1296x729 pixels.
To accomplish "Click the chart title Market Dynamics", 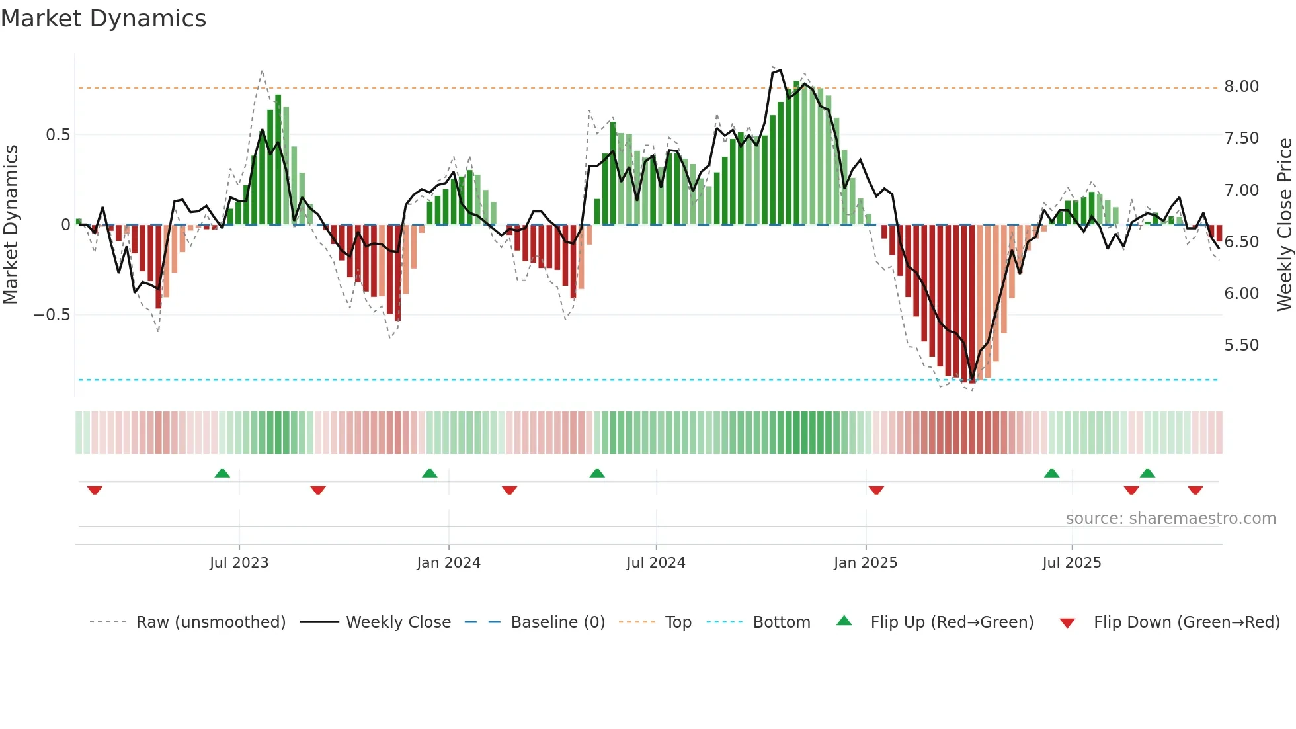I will pos(103,19).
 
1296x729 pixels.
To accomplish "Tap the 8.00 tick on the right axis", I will pos(1241,87).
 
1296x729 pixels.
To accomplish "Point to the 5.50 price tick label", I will pos(1241,345).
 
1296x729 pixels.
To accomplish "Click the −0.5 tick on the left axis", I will pos(52,315).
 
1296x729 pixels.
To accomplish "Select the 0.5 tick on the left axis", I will pos(58,135).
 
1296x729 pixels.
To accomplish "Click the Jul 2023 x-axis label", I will pos(239,563).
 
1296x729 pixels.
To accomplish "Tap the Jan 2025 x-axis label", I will pos(865,563).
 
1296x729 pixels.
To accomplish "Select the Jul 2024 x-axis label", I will pos(655,563).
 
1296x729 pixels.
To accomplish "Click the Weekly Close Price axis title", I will pos(1284,224).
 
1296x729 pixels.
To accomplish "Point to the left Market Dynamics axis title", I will pos(11,224).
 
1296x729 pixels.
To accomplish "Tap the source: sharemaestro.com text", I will pos(1170,519).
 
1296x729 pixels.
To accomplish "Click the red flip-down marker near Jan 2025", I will pos(876,490).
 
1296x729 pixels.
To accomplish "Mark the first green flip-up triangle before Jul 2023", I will pos(222,473).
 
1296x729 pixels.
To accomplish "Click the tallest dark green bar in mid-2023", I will pos(278,159).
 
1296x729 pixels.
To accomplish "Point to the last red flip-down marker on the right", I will pos(1195,490).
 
